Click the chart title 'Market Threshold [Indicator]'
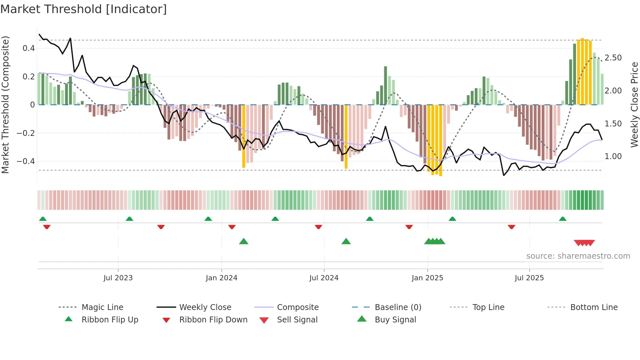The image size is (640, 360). pyautogui.click(x=84, y=9)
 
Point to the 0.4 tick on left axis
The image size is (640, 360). pyautogui.click(x=29, y=48)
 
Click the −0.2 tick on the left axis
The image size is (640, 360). pyautogui.click(x=26, y=133)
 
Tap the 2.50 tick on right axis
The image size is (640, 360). pyautogui.click(x=613, y=58)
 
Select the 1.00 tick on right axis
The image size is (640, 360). pyautogui.click(x=613, y=156)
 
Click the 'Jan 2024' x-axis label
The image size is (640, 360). pyautogui.click(x=221, y=278)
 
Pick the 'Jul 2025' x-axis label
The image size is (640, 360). pyautogui.click(x=529, y=278)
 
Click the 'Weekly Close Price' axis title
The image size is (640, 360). pyautogui.click(x=634, y=105)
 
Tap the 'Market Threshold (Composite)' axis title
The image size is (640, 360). pyautogui.click(x=5, y=105)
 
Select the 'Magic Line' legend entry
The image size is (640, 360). pyautogui.click(x=102, y=307)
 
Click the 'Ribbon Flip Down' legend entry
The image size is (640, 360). pyautogui.click(x=213, y=320)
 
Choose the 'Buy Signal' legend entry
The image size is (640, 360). pyautogui.click(x=395, y=320)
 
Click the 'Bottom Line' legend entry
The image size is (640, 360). pyautogui.click(x=594, y=307)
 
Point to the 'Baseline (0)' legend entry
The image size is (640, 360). pyautogui.click(x=398, y=307)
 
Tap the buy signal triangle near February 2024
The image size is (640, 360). pyautogui.click(x=244, y=242)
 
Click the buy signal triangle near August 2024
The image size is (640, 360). pyautogui.click(x=346, y=242)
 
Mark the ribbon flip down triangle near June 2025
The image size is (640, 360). pyautogui.click(x=511, y=227)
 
